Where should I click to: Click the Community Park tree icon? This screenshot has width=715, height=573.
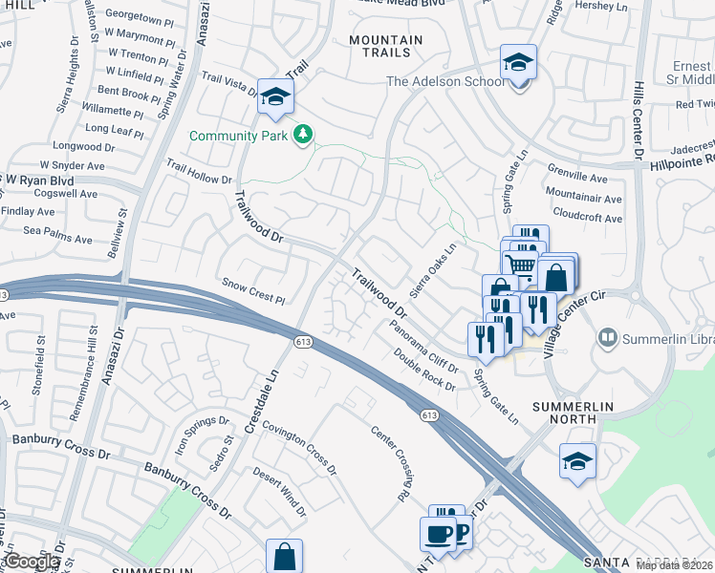tap(303, 135)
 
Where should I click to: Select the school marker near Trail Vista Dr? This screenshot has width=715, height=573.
tap(275, 96)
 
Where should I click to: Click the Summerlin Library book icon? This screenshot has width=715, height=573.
tap(606, 338)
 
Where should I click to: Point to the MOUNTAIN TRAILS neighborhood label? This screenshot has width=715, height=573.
tap(385, 46)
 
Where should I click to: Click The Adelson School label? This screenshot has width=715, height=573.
tap(444, 81)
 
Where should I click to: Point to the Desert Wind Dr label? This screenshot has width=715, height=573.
tap(279, 491)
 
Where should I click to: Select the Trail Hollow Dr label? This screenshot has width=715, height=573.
tap(200, 172)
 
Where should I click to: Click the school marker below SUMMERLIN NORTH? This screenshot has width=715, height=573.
tap(576, 462)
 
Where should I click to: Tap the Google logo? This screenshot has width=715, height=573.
tap(33, 562)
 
